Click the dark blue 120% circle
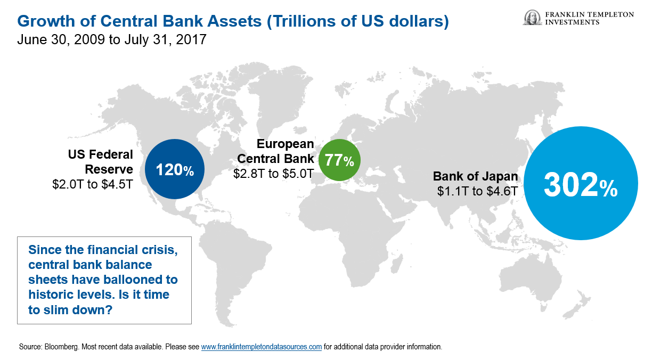(x=175, y=169)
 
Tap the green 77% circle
(x=339, y=160)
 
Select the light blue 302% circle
(x=581, y=183)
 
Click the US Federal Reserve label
(x=101, y=162)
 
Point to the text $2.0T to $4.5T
(x=93, y=184)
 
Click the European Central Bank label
(x=275, y=151)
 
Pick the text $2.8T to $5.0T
(x=274, y=174)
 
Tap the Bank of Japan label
(x=475, y=176)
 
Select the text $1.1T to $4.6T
(x=478, y=191)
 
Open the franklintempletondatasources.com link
(x=262, y=347)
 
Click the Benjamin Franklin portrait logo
(x=532, y=18)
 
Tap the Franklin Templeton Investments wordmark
(x=589, y=18)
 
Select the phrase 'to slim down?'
(x=70, y=309)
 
